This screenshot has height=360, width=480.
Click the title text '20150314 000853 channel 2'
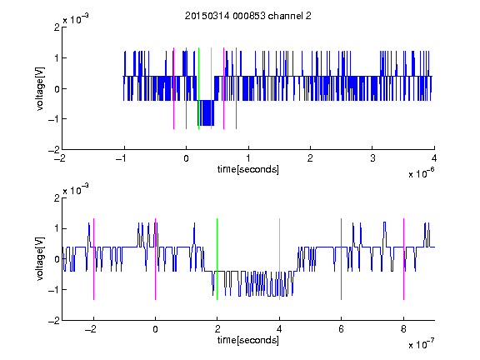coord(248,16)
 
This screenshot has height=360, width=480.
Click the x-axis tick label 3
coord(372,158)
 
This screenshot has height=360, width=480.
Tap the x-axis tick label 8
coord(403,329)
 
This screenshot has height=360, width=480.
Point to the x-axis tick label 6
coord(341,329)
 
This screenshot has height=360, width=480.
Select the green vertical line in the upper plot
coord(198,88)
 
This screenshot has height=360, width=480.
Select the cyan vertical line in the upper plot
coord(211,88)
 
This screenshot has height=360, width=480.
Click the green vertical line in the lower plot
coord(217,259)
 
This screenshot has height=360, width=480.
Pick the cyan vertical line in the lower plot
coord(279,259)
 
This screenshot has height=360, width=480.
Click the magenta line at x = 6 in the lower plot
coord(341,259)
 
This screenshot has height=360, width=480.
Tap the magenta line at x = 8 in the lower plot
coord(403,259)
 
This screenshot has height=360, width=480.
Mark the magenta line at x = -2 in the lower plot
coord(93,259)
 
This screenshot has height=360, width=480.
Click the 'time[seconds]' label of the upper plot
coord(248,169)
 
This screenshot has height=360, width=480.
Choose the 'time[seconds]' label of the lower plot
coord(248,340)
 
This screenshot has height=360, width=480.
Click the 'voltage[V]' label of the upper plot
coord(40,88)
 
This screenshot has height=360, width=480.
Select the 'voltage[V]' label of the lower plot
coord(40,259)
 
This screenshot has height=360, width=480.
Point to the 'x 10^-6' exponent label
coord(421,173)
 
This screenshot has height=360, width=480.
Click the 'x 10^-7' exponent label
coord(421,344)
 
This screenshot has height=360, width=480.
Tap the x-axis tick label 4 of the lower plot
coord(279,329)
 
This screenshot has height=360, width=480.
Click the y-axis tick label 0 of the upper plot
coord(57,89)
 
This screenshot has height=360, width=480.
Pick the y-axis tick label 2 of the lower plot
coord(57,198)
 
